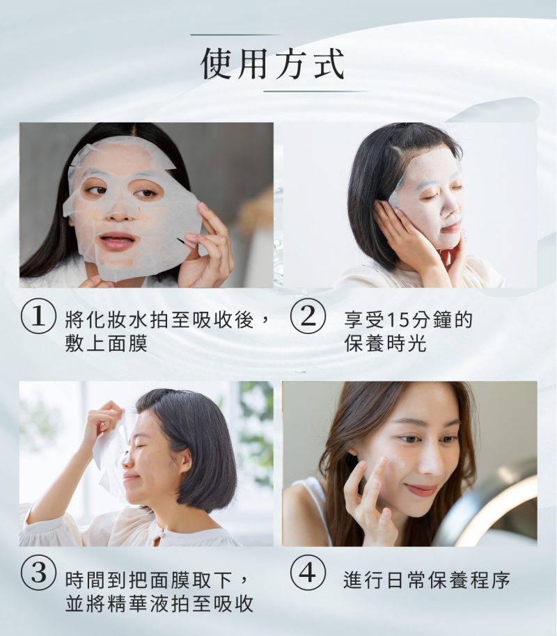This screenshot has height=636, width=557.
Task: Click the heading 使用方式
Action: [272, 64]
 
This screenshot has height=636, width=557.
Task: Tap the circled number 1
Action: [38, 320]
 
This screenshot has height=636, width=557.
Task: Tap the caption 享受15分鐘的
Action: [409, 321]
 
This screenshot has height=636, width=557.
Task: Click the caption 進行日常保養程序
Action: [427, 580]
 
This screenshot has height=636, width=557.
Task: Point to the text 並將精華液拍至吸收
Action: [159, 603]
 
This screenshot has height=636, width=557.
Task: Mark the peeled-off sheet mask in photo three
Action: [110, 452]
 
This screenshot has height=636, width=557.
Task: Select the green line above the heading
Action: [235, 35]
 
